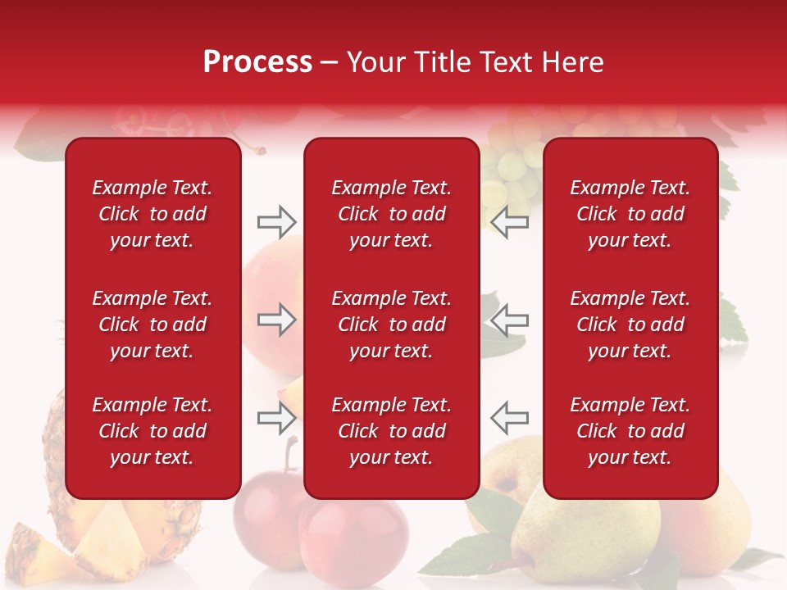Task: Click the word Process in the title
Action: pos(257,62)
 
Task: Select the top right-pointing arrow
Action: pos(276,221)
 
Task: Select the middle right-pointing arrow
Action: pos(276,320)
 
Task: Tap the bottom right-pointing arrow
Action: pos(276,419)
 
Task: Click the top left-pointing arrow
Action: pos(510,221)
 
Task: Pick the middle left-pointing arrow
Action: pos(510,320)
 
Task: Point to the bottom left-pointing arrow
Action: pos(510,419)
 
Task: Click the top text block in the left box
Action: pos(152,214)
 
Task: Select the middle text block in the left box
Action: pos(152,324)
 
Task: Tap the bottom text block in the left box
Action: pos(152,431)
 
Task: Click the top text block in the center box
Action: pos(391,214)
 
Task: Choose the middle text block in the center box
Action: pos(391,324)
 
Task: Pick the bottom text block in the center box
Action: pos(391,431)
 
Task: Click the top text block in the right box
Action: pos(630,214)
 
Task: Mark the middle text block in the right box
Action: pos(630,324)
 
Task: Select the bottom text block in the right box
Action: pos(630,431)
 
